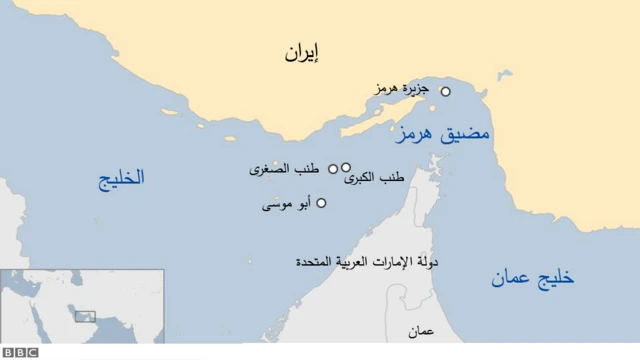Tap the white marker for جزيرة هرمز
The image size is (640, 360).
[x=446, y=91]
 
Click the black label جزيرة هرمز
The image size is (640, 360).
[x=403, y=90]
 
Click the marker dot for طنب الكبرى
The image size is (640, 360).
[x=346, y=168]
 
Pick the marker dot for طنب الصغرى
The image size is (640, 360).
[x=333, y=169]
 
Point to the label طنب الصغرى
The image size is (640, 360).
[x=287, y=170]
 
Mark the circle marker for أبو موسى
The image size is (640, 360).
[x=321, y=203]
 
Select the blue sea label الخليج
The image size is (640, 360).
[x=121, y=179]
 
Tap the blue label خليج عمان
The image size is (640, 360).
[x=532, y=279]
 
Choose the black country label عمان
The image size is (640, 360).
[x=421, y=331]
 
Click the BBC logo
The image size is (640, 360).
[x=19, y=352]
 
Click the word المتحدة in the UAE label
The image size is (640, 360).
[x=316, y=261]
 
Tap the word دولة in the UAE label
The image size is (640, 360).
[x=431, y=261]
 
